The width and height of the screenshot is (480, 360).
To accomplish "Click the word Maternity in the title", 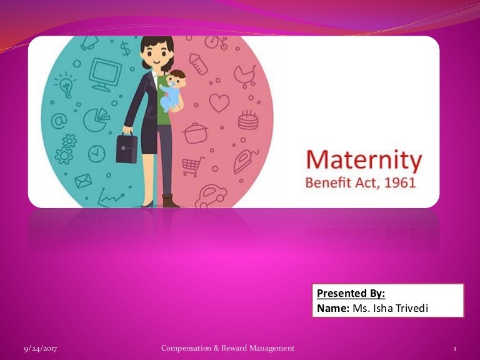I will pos(364,161).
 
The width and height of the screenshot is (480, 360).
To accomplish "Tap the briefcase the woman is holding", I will pos(126,148).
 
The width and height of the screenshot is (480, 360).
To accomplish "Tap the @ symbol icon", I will pos(58,122).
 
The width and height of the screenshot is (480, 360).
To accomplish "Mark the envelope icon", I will pos(82,181).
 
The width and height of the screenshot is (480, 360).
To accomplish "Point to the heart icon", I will pos(219,102).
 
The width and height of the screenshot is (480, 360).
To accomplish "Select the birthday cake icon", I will pos(248,119).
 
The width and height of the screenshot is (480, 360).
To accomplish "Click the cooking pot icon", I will pos(196,132).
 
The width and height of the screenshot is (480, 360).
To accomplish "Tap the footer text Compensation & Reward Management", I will pos(227,347).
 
